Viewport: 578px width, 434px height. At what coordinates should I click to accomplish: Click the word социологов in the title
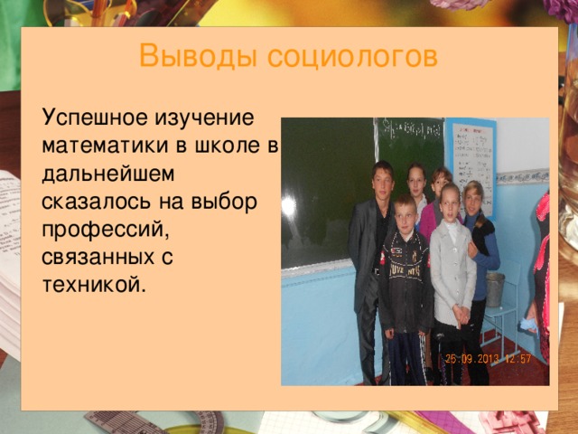(x=342, y=57)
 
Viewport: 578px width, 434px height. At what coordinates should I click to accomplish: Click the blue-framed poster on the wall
(x=473, y=155)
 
